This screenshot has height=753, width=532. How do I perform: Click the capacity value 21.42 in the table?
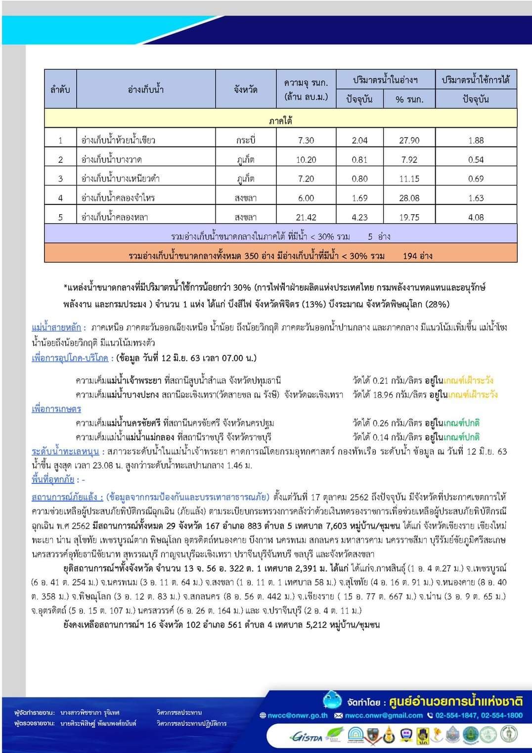point(306,217)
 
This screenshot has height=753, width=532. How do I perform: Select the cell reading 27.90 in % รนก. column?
point(409,141)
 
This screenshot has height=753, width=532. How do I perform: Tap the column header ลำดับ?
point(60,90)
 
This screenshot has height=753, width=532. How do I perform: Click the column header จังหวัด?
point(245,90)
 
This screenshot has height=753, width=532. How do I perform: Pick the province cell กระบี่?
point(245,141)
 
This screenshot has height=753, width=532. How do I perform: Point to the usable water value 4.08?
point(476,217)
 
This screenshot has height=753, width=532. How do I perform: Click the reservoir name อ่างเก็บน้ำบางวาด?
point(112,160)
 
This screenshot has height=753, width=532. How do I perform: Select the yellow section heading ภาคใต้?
point(280,120)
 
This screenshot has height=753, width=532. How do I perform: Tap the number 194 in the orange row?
point(410,256)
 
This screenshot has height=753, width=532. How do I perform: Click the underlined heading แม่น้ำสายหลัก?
point(56,328)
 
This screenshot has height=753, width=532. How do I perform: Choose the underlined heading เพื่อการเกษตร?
point(56,409)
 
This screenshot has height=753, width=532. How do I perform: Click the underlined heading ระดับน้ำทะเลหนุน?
point(65,451)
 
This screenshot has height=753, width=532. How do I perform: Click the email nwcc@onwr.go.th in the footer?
point(297,715)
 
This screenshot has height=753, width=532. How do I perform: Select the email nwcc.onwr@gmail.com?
point(383,715)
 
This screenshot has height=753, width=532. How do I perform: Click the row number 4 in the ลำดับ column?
point(60,198)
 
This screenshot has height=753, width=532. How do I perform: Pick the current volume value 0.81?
point(359,160)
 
